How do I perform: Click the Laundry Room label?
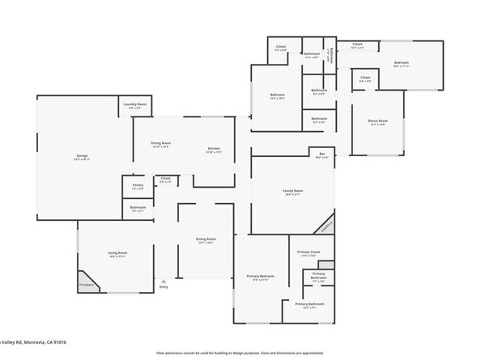[x=135, y=104]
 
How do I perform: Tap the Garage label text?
[x=82, y=157]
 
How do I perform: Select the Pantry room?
[x=138, y=187]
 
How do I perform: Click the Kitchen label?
[x=214, y=150]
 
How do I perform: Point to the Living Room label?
[x=118, y=253]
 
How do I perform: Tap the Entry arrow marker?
[x=164, y=281]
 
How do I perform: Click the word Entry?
[x=164, y=287]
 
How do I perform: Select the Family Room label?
[x=292, y=192]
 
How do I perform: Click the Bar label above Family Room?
[x=321, y=155]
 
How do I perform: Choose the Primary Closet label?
[x=309, y=252]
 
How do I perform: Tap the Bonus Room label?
[x=377, y=121]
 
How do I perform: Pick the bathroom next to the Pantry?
[x=138, y=208]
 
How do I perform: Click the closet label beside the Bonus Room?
[x=366, y=79]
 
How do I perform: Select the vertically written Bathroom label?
[x=332, y=55]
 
